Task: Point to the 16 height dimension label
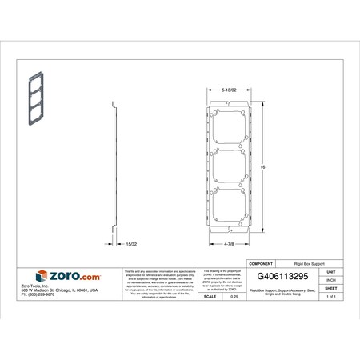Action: (x=262, y=166)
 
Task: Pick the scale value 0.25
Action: (x=234, y=296)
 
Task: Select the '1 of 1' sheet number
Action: (x=330, y=296)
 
